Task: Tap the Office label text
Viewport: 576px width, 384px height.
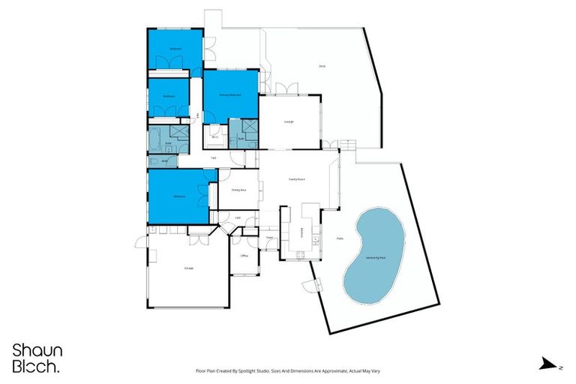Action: point(244,256)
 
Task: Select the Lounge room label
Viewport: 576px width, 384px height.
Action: point(289,121)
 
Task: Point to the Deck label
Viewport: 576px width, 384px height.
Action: point(322,66)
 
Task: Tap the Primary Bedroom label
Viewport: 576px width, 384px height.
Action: point(229,94)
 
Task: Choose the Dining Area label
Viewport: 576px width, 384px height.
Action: point(238,190)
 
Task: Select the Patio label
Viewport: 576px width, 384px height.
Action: point(340,239)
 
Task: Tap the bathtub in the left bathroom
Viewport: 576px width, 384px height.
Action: point(157,140)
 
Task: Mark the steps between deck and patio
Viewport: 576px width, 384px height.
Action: point(346,144)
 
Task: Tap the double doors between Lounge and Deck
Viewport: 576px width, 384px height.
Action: point(286,90)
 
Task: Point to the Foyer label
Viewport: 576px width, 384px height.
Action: point(269,238)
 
